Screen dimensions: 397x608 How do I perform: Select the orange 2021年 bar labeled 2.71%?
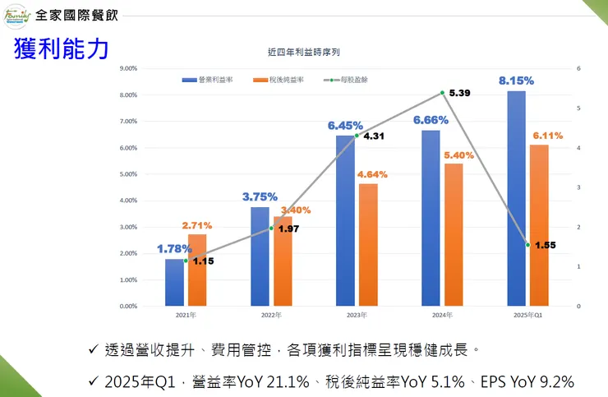(197, 270)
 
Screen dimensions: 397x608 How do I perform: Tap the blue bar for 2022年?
(260, 256)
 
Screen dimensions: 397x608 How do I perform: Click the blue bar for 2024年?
(431, 218)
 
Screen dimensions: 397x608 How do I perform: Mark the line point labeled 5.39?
(442, 93)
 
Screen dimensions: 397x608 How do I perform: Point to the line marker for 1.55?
(527, 245)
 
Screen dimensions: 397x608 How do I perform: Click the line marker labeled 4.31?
(357, 136)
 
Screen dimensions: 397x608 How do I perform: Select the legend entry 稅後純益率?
(279, 80)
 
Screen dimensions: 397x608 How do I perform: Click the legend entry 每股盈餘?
(349, 80)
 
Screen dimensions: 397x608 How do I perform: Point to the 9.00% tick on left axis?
(128, 68)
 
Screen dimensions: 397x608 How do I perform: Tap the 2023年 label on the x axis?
(357, 315)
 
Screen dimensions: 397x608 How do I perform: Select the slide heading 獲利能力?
(61, 48)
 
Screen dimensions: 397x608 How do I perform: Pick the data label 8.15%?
(516, 81)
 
